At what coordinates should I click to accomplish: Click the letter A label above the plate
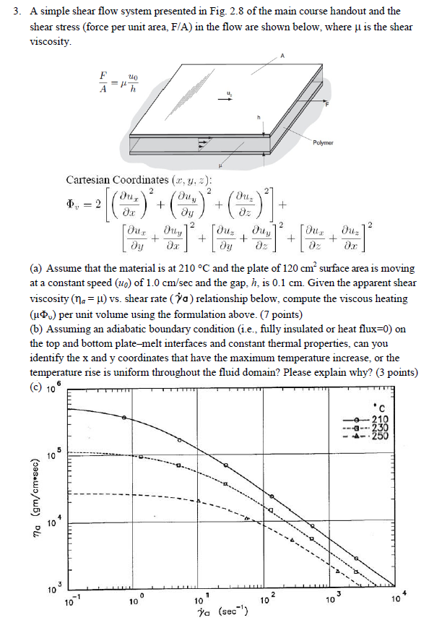coord(283,57)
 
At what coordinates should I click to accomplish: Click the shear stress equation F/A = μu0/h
coord(118,85)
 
